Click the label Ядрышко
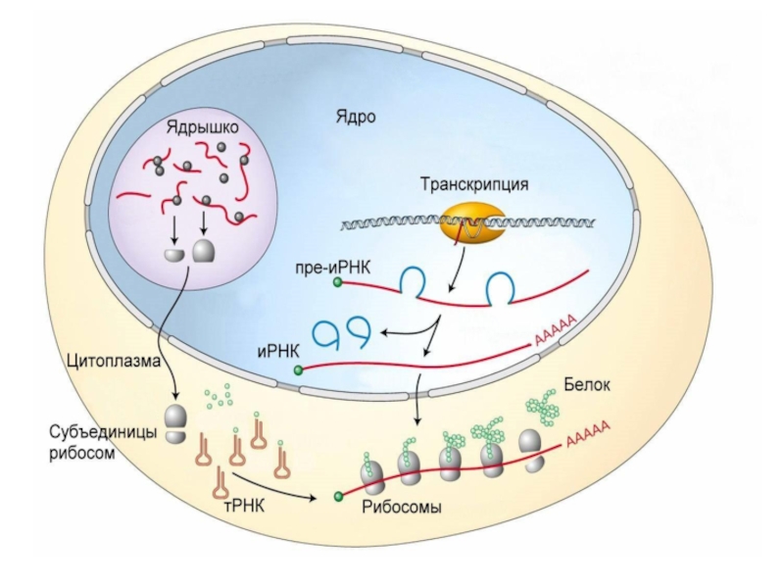(x=203, y=128)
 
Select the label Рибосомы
(x=401, y=508)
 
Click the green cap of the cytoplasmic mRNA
(x=339, y=496)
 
